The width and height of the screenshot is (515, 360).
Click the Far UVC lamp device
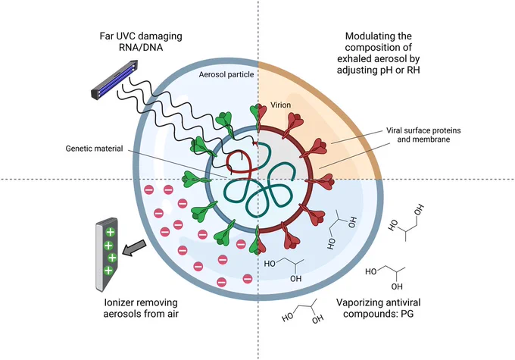pos(114,79)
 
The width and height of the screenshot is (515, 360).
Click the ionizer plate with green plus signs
pos(107,255)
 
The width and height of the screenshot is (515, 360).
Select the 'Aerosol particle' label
pos(226,74)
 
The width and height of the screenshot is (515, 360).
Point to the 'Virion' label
pos(280,105)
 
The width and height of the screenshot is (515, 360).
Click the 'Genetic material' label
pos(94,149)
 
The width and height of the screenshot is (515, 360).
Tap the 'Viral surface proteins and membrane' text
pos(423,135)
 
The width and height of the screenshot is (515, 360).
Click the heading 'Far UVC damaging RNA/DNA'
pos(141,42)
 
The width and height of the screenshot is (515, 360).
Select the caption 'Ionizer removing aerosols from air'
pos(141,308)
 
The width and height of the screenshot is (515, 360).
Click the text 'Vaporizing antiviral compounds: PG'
pos(379,308)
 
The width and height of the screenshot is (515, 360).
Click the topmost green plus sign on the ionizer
pos(110,232)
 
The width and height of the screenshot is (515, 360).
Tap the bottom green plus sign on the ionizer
pos(108,271)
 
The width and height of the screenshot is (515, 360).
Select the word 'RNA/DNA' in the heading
pos(141,47)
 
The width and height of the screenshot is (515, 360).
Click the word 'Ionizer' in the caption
pos(118,302)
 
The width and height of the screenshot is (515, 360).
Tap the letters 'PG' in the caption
pos(407,314)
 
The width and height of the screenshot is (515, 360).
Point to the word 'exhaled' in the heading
pos(354,58)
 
